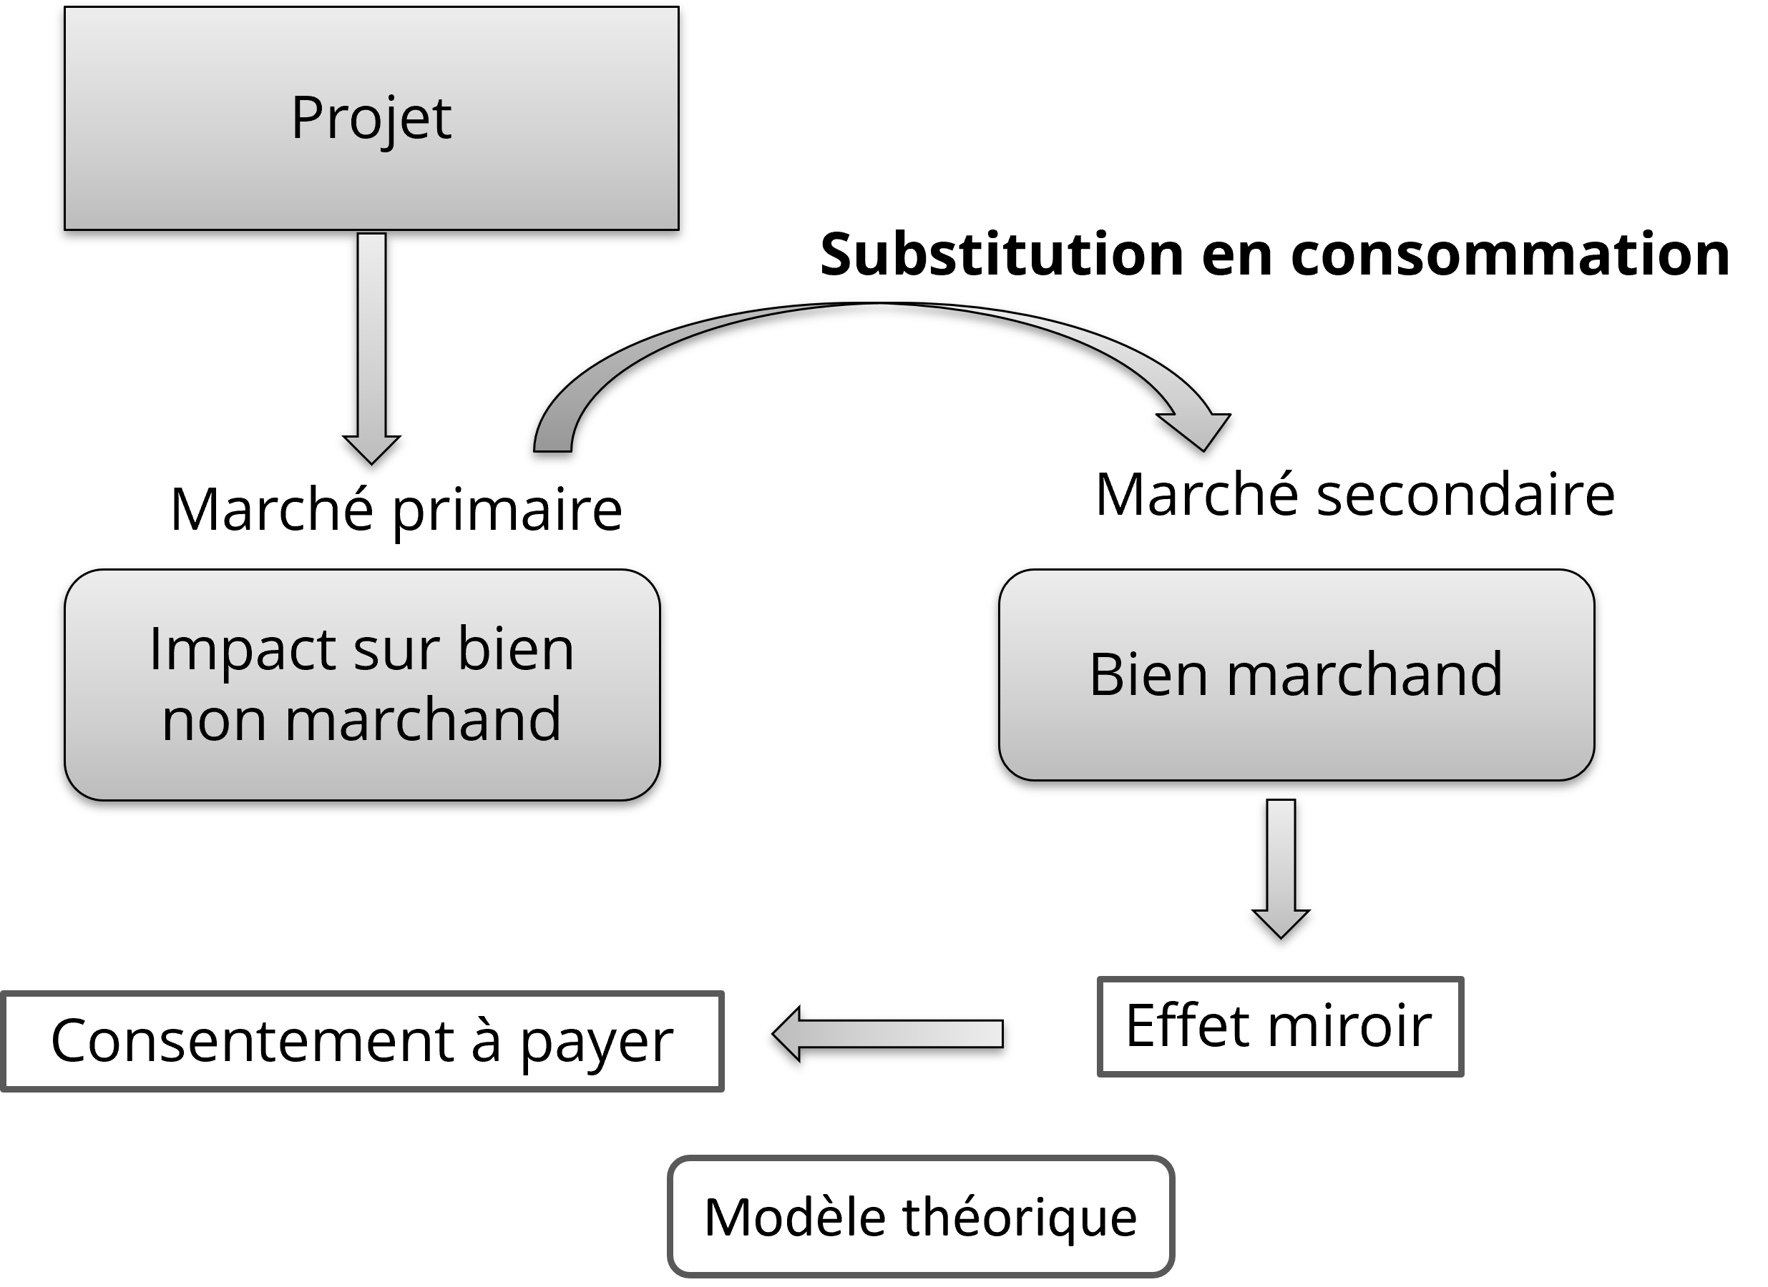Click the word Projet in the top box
click(x=371, y=119)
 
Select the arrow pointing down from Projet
click(x=372, y=342)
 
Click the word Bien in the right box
click(x=1149, y=675)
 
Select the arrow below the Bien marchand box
click(x=1281, y=864)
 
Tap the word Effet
click(x=1190, y=1026)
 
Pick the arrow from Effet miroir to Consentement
click(x=889, y=1034)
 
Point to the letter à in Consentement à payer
click(x=486, y=1041)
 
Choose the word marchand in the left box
click(x=424, y=720)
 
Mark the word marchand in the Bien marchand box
click(x=1364, y=675)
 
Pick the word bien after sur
click(x=516, y=650)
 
